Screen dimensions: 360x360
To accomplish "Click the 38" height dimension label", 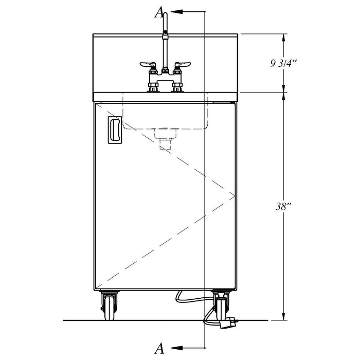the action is (x=283, y=207).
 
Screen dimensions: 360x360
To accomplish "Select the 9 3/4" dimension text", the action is (x=284, y=63).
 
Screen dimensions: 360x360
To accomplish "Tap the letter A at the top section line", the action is (x=159, y=12).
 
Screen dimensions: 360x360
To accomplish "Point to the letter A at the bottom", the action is (x=159, y=348).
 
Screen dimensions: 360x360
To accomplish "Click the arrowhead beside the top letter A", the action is (x=177, y=11).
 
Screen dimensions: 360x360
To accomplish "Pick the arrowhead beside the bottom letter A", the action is (x=177, y=348).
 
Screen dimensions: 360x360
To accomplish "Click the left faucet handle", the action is (x=148, y=64).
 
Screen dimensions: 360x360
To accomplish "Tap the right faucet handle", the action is (x=183, y=64).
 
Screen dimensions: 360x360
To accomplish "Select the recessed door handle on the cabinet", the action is (x=115, y=130).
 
